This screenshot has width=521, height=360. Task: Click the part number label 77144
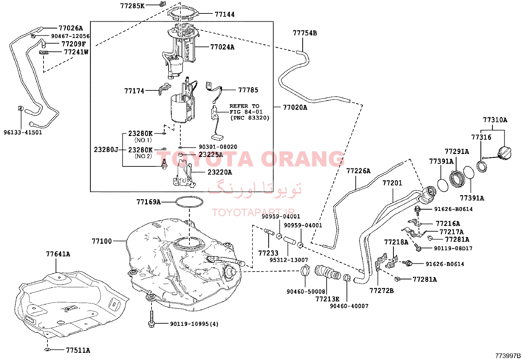point(225,14)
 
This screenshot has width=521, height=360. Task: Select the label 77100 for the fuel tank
point(102,241)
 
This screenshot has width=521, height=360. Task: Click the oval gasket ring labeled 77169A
point(189,202)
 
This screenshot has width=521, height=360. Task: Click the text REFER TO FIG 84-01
point(246,109)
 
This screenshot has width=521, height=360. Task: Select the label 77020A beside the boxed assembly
point(295,107)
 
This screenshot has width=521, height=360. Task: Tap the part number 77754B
point(305,33)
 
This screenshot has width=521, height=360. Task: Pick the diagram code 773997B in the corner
point(508,356)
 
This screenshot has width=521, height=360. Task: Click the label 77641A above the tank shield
point(58,254)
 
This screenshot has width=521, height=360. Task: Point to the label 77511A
point(78,350)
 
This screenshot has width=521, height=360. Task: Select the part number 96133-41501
point(23,132)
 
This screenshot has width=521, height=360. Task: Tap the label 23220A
point(220,172)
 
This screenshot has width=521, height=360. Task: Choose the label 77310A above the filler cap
point(495,120)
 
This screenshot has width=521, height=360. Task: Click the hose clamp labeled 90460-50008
point(305,271)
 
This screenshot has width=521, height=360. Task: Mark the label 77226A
point(358,171)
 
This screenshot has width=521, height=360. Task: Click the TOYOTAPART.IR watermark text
point(253,212)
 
